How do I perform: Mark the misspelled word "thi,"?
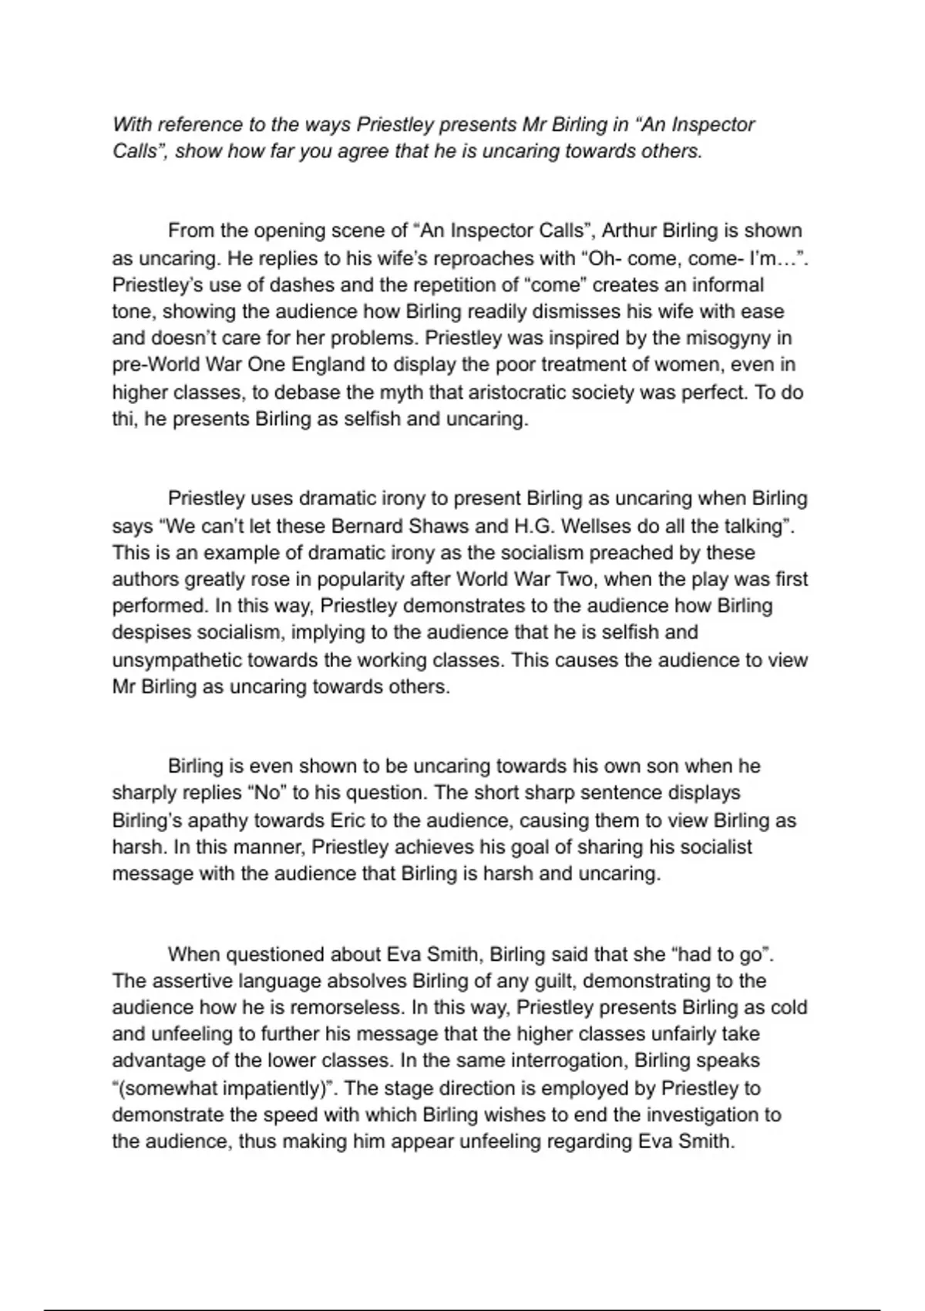click(126, 419)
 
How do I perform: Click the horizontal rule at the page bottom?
click(462, 1309)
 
